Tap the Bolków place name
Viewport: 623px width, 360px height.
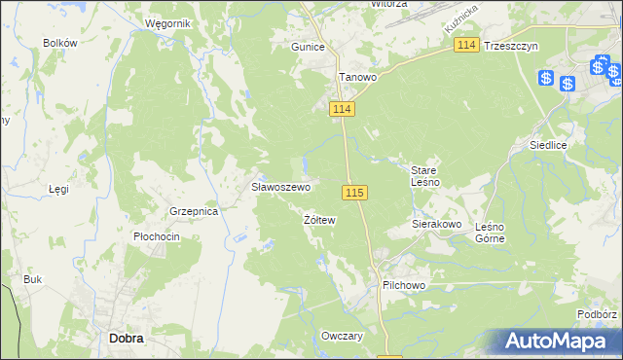pos(60,43)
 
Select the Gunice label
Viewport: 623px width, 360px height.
pos(308,46)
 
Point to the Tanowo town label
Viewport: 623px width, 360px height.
pos(356,77)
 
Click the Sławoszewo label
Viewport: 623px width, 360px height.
pos(281,187)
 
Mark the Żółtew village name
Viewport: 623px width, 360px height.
pos(319,220)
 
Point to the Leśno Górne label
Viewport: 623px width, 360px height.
pos(490,232)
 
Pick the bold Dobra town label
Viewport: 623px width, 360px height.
pos(127,339)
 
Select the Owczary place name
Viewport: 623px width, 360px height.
pos(342,336)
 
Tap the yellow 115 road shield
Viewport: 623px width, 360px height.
pos(354,194)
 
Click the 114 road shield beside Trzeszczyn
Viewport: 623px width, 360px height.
pos(466,46)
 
